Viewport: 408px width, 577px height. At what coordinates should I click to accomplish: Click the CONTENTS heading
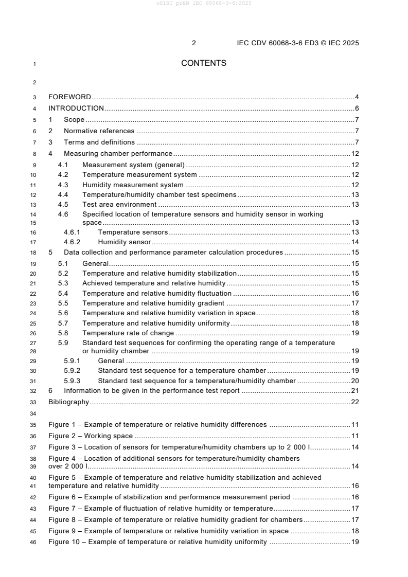(x=204, y=63)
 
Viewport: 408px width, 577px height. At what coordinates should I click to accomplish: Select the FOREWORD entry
(x=69, y=97)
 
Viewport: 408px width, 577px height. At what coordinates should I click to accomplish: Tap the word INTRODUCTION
(x=76, y=108)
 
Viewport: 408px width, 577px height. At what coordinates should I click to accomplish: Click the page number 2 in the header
(x=194, y=43)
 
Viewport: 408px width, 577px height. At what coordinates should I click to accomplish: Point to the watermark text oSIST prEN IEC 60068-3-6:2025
(x=204, y=3)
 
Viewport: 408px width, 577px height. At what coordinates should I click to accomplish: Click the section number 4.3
(x=63, y=185)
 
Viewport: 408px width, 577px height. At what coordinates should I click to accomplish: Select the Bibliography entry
(x=68, y=402)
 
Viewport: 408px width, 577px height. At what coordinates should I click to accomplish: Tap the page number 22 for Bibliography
(x=354, y=402)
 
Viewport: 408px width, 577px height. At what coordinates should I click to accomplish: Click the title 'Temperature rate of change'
(x=128, y=333)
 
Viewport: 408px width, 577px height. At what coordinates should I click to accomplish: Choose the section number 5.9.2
(x=72, y=371)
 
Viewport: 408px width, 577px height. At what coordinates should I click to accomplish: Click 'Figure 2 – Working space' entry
(x=91, y=436)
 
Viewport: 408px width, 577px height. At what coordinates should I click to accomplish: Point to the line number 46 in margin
(x=33, y=542)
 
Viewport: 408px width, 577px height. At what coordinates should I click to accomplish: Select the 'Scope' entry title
(x=74, y=120)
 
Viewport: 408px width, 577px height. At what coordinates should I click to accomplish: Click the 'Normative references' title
(x=99, y=131)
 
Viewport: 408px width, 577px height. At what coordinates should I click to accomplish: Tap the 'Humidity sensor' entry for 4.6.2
(x=124, y=242)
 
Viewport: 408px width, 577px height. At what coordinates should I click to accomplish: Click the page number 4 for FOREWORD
(x=357, y=97)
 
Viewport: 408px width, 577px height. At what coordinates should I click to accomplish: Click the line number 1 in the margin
(x=34, y=64)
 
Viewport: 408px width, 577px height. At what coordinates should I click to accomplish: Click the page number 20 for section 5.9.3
(x=354, y=381)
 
